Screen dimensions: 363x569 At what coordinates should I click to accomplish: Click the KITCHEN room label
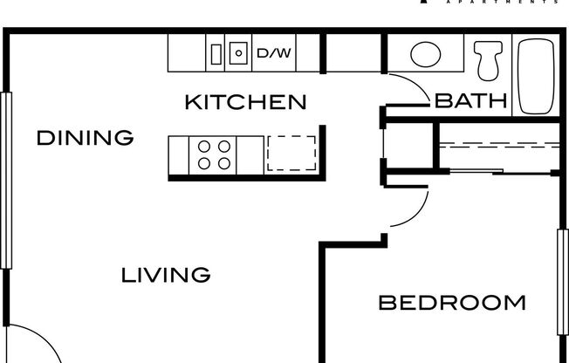tap(245, 102)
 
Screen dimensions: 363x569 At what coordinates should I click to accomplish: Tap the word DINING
tap(85, 137)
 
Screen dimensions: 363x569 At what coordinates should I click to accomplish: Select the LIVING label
tap(165, 276)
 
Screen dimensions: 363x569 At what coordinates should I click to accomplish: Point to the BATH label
tap(471, 101)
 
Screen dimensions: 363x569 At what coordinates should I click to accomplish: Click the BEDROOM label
tap(451, 304)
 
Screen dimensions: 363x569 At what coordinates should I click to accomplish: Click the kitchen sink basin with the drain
tap(238, 53)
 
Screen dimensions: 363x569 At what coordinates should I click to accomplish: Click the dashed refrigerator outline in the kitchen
tap(291, 153)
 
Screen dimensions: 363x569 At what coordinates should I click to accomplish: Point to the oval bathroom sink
tap(425, 55)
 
